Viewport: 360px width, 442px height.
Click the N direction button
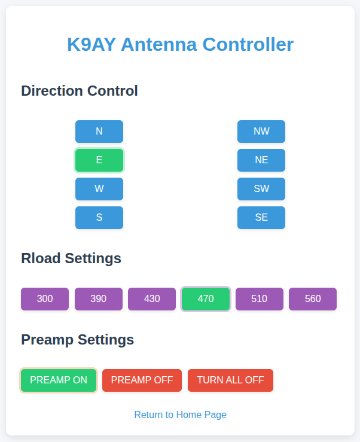pyautogui.click(x=99, y=132)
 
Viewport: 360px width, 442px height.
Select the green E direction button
pyautogui.click(x=99, y=160)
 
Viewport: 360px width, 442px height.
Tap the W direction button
pyautogui.click(x=99, y=189)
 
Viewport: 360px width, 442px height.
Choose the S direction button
pyautogui.click(x=99, y=218)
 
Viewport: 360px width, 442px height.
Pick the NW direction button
pyautogui.click(x=261, y=132)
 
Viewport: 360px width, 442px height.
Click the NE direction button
pyautogui.click(x=261, y=160)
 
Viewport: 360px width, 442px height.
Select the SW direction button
pyautogui.click(x=261, y=189)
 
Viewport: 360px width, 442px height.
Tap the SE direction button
pyautogui.click(x=261, y=218)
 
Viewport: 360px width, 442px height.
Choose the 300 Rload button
pyautogui.click(x=45, y=299)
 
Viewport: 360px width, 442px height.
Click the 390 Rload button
pyautogui.click(x=99, y=299)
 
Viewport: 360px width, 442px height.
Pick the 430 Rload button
pyautogui.click(x=152, y=299)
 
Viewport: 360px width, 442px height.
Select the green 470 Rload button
pyautogui.click(x=206, y=299)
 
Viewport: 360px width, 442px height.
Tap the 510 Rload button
pyautogui.click(x=260, y=299)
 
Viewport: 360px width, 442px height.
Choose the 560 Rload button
pyautogui.click(x=313, y=299)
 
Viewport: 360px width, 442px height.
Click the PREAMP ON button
pyautogui.click(x=59, y=380)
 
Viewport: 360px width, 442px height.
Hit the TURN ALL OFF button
pyautogui.click(x=231, y=380)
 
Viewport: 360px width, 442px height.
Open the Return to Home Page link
pyautogui.click(x=181, y=414)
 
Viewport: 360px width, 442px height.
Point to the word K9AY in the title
pyautogui.click(x=91, y=44)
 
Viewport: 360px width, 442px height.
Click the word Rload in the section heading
pyautogui.click(x=41, y=258)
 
